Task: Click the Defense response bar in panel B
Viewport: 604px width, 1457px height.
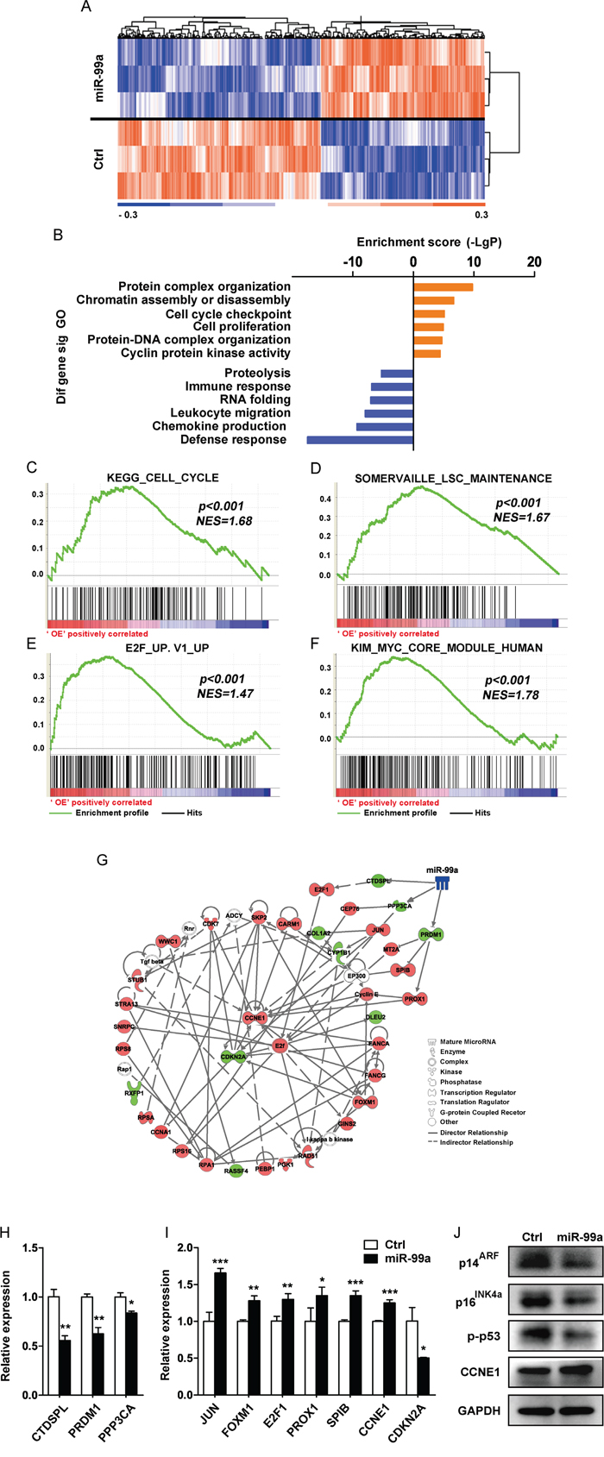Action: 360,440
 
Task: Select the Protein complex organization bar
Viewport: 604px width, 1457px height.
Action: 444,287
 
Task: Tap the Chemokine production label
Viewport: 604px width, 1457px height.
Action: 219,426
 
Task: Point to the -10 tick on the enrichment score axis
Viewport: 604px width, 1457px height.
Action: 353,262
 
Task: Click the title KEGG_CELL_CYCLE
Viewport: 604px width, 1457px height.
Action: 162,477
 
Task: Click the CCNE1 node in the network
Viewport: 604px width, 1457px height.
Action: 255,1017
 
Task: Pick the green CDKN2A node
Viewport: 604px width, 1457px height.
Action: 231,1055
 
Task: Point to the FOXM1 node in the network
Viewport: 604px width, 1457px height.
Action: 365,1102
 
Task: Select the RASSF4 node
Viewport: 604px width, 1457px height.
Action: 235,1171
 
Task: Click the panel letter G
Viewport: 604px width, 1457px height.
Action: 103,860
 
